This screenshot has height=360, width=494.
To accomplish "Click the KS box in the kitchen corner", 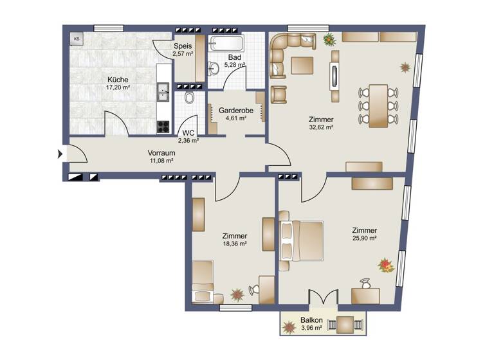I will tap(77, 39).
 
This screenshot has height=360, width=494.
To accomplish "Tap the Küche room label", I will tap(118, 80).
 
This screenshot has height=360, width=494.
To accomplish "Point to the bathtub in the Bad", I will tap(226, 45).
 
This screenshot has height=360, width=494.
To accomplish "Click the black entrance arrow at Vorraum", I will tap(61, 154).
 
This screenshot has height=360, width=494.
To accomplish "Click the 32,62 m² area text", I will tap(320, 127).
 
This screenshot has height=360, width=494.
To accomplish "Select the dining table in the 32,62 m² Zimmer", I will tap(378, 105).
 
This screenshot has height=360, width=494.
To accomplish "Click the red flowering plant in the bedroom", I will tap(385, 264).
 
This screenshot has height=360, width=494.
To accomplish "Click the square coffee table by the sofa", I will tap(302, 65).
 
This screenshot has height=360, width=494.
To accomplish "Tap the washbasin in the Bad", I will tap(213, 66).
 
